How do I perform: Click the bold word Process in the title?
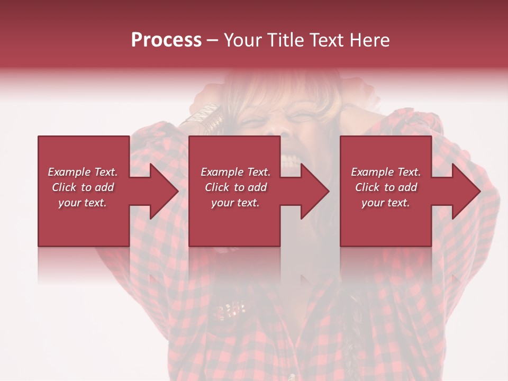coord(166,40)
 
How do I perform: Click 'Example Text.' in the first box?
coord(83,172)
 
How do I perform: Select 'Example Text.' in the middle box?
coord(235,172)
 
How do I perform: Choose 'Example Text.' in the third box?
coord(386,172)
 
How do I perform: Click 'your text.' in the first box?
coord(83,203)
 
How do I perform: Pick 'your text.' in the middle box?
coord(235,203)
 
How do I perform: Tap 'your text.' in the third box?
coord(386,203)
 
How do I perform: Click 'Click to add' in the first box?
coord(83,187)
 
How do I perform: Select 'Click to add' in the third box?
coord(386,187)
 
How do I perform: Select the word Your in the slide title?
coord(241,40)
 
